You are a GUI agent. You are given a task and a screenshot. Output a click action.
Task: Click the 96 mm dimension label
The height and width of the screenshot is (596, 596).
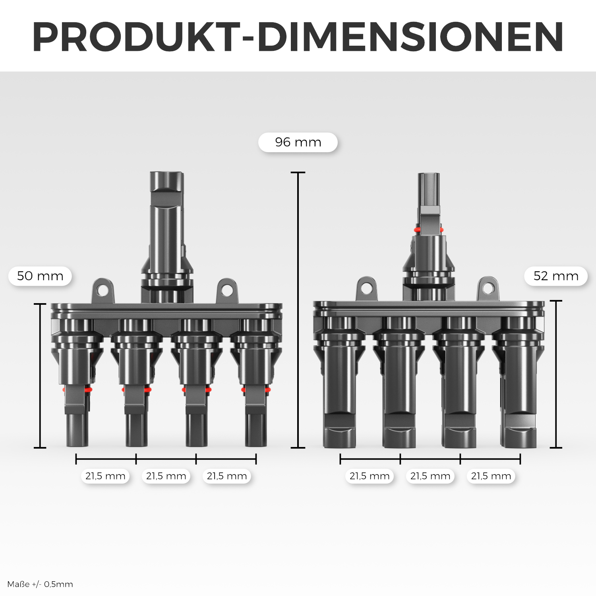coord(298,142)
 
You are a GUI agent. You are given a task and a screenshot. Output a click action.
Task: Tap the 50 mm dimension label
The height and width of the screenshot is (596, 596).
coord(40,276)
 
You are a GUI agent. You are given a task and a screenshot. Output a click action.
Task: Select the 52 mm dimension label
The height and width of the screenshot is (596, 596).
coord(555,276)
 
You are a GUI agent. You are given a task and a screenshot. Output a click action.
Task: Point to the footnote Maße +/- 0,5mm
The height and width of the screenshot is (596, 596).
coord(40,584)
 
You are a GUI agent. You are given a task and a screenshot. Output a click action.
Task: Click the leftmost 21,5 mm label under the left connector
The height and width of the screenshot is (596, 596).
coord(105,476)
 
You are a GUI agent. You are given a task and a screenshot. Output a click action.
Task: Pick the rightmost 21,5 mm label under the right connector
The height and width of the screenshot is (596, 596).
coord(491,476)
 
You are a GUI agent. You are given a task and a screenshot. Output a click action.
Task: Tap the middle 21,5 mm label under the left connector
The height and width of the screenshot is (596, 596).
coord(166,476)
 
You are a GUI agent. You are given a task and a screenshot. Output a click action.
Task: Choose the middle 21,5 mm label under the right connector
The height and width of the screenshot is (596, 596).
coord(430,476)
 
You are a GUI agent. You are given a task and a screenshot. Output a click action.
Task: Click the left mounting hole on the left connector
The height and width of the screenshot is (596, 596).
coord(103,290)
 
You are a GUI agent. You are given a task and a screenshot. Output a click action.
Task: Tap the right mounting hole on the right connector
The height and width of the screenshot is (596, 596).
coord(488,288)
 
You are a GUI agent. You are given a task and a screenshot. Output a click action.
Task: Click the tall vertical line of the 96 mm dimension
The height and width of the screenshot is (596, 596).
coord(298,310)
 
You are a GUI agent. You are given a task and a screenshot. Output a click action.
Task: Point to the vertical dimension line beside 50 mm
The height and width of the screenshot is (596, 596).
coord(40,375)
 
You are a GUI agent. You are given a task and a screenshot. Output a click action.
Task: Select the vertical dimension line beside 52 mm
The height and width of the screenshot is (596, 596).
coord(556,373)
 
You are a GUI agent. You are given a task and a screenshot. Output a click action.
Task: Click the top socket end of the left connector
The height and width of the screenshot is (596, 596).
coord(166,182)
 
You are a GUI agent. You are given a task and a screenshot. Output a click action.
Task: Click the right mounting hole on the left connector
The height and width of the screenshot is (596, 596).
coord(227,290)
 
